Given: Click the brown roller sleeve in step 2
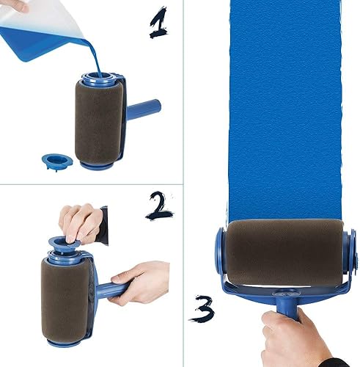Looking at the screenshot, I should (66, 301).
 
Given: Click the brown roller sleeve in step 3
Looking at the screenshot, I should (284, 250).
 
